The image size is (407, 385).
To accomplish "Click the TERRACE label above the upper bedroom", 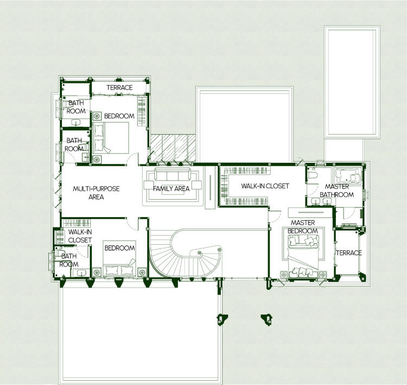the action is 119,88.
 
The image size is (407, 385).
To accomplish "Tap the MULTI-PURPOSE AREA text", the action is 96,193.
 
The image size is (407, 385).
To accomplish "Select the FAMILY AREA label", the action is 171,188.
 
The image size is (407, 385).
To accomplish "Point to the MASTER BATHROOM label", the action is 336,191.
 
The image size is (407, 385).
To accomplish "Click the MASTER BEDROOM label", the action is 303,227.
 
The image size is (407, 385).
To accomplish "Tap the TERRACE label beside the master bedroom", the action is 348,253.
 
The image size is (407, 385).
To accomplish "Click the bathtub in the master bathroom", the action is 348,175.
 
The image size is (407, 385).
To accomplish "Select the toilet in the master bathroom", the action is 312,173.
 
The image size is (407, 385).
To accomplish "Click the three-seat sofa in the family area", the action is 173,174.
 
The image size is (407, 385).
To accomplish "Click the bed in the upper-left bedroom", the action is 111,138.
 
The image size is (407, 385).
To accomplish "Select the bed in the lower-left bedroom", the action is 119,259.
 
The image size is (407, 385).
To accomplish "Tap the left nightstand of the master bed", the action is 284,275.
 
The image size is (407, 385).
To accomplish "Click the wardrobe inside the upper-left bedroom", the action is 142,112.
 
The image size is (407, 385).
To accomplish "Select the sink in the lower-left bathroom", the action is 81,273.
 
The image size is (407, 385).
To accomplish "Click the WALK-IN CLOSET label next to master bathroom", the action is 265,186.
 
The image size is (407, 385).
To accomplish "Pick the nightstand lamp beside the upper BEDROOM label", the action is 97,116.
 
